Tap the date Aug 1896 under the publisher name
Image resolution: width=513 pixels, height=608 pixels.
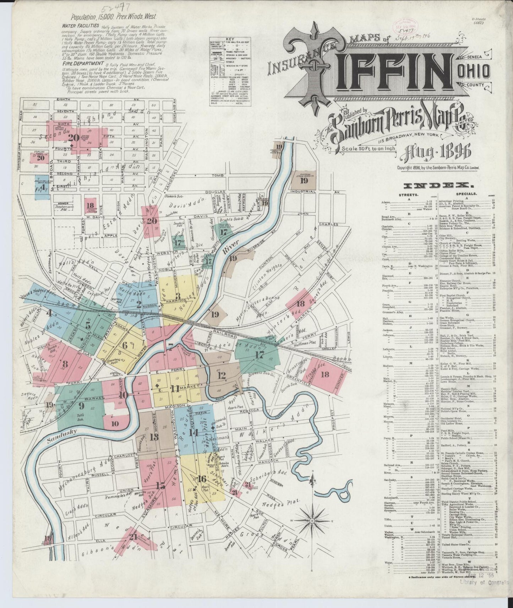pos(436,153)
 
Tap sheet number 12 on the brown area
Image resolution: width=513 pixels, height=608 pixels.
pos(222,375)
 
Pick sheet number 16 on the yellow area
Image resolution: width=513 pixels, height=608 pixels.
pos(202,478)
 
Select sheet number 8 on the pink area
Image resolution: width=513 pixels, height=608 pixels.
pos(65,364)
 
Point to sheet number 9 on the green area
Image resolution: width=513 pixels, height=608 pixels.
pos(81,405)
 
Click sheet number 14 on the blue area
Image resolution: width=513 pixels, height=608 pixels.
pos(193,433)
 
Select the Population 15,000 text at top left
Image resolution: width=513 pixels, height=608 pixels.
pos(113,16)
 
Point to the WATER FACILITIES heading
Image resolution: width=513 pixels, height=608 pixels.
pos(80,26)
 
